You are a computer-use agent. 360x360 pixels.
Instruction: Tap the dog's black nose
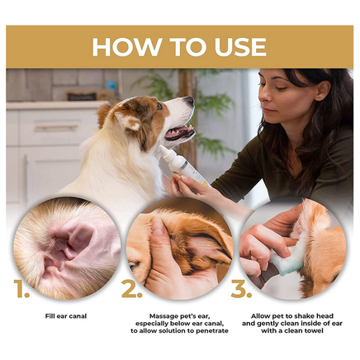tap(190, 101)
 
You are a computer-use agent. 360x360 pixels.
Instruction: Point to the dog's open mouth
tap(180, 132)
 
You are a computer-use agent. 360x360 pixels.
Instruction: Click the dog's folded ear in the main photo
tap(127, 121)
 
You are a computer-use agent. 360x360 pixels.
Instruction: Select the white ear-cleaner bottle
tap(182, 166)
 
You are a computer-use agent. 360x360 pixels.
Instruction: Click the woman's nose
tap(263, 96)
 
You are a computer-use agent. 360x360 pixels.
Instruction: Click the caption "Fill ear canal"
tap(66, 316)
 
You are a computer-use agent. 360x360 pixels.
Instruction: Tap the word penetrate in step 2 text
tap(212, 330)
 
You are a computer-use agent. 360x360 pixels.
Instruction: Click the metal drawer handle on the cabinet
tap(56, 129)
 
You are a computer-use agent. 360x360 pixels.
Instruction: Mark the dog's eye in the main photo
tap(159, 107)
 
